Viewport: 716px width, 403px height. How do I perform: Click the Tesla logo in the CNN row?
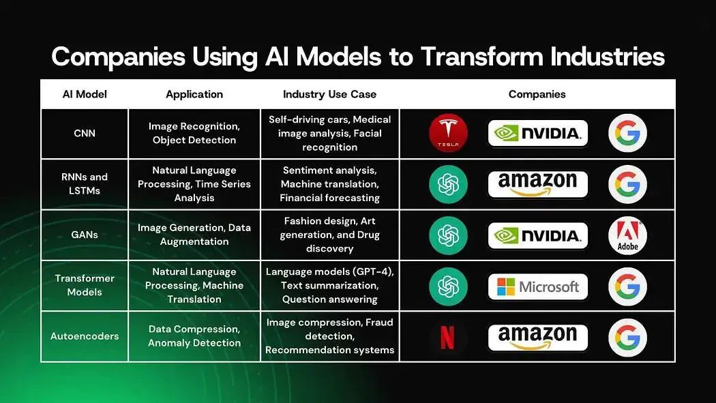tap(448, 133)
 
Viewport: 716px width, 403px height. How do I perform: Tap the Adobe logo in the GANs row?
tap(627, 235)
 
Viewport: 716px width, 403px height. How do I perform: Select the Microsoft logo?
tap(538, 286)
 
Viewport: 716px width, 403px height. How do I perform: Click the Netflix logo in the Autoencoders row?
tap(448, 337)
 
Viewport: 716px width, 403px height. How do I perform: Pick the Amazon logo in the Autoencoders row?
tap(538, 337)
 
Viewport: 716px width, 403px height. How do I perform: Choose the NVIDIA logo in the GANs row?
tap(538, 235)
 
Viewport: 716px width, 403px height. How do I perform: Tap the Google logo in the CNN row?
tap(627, 133)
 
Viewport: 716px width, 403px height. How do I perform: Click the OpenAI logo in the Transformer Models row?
tap(448, 286)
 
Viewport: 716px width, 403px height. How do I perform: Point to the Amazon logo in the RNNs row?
tap(538, 184)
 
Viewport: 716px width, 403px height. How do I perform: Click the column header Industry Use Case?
tap(329, 94)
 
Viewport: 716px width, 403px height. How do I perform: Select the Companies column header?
tap(537, 94)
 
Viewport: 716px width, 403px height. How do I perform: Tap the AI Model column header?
tap(85, 94)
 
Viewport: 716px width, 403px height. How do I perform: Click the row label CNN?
tap(85, 133)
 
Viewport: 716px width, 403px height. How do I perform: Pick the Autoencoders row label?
tap(85, 336)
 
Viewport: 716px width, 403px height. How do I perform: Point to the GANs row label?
tap(85, 235)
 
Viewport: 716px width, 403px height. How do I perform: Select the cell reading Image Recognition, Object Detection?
tap(194, 133)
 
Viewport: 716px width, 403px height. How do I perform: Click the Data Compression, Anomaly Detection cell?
tap(194, 336)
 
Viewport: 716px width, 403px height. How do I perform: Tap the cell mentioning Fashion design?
tap(329, 235)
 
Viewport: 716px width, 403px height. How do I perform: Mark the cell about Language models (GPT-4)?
tap(329, 286)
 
